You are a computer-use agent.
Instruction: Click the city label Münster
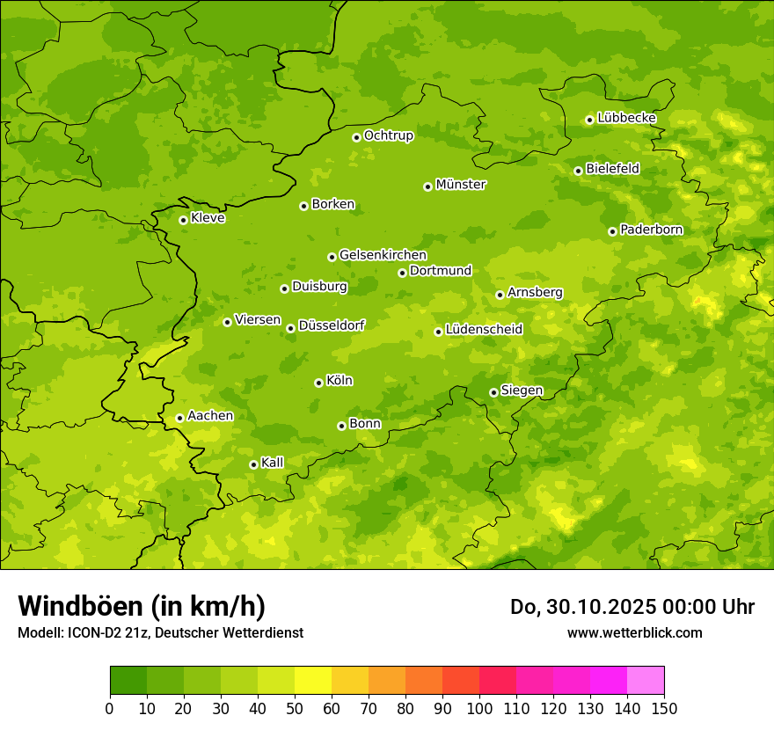point(460,185)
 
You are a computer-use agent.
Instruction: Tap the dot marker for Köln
point(318,383)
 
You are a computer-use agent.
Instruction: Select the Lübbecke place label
point(626,118)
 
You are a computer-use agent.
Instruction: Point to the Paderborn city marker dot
point(612,231)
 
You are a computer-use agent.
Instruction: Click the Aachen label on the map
point(210,416)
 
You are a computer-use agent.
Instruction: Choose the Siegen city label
point(522,391)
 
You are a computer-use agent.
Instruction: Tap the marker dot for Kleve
point(183,220)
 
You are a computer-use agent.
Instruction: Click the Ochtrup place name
point(388,135)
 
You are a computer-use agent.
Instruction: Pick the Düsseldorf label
point(331,325)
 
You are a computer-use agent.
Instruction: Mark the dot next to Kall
point(253,464)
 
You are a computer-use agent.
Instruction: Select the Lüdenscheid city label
point(484,330)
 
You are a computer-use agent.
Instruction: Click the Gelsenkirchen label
point(383,255)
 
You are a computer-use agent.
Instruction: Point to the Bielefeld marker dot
point(578,171)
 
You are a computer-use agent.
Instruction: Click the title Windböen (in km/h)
point(142,606)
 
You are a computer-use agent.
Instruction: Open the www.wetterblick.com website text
point(634,632)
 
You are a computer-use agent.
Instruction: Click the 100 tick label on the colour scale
point(479,708)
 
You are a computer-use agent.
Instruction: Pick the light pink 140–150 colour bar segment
point(646,681)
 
